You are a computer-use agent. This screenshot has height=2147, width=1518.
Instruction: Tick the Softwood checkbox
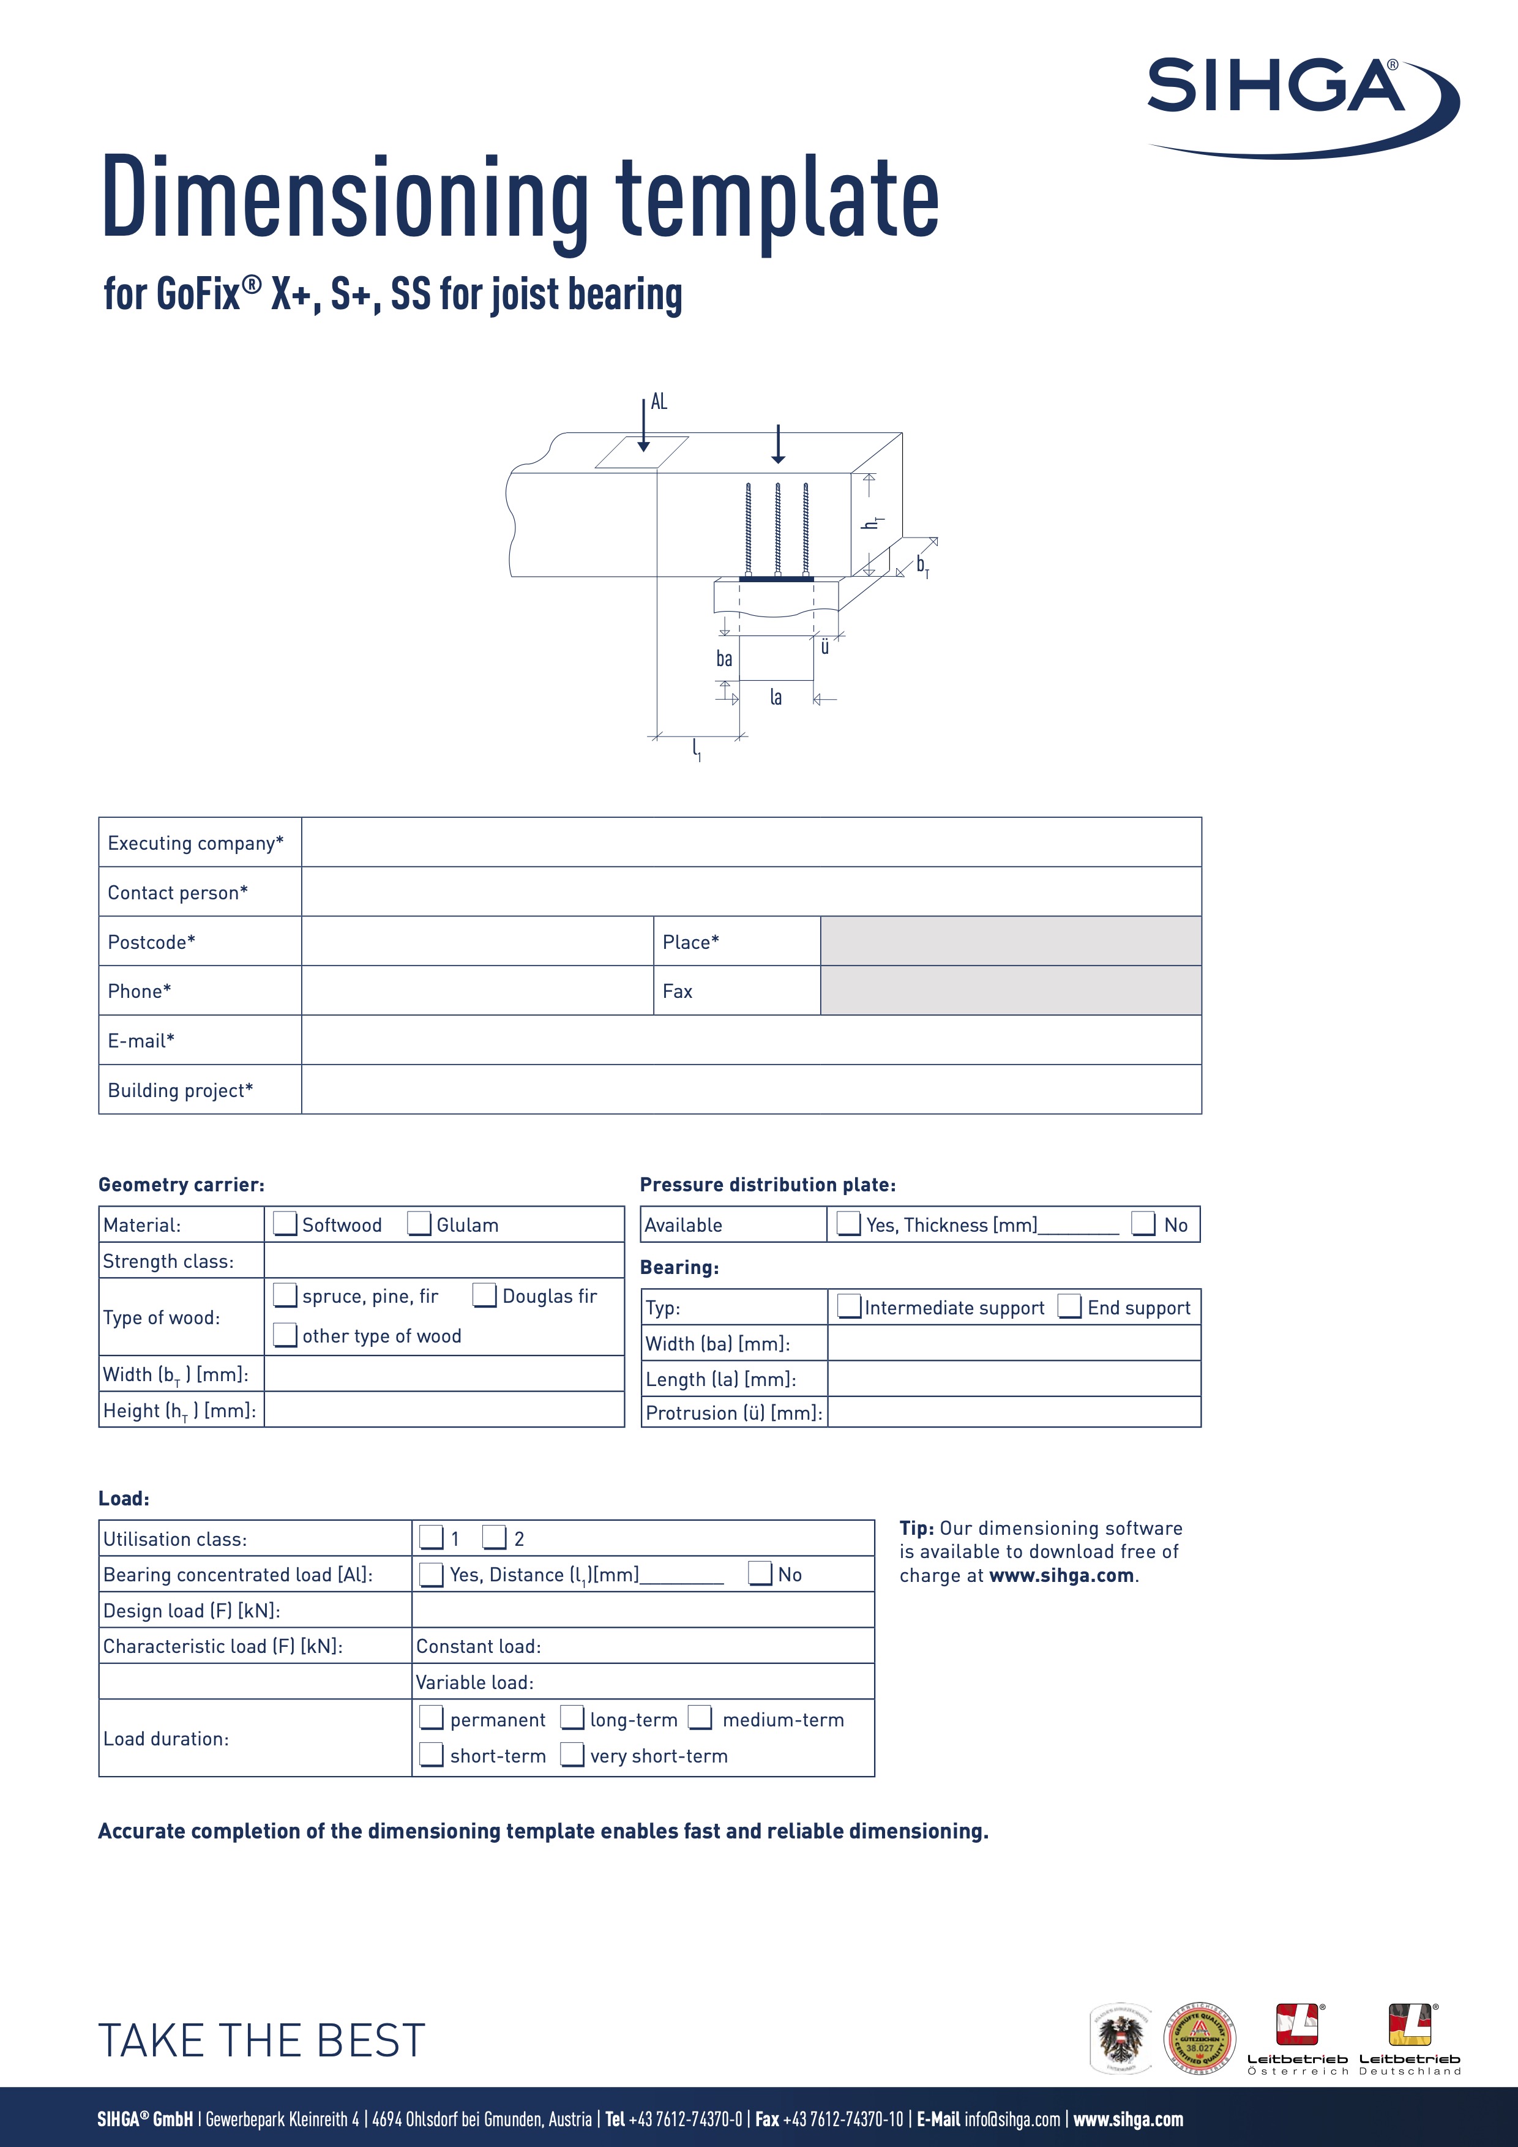(285, 1223)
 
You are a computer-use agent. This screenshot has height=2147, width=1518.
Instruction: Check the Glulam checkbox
(420, 1223)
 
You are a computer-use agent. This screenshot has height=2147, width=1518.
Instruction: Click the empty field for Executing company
(750, 842)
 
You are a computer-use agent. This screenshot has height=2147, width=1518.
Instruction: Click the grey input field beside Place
(1011, 941)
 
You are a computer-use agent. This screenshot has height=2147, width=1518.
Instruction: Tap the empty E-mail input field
(750, 1040)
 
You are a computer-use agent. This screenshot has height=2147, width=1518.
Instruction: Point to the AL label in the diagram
(659, 402)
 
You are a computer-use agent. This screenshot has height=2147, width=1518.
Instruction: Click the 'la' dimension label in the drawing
(776, 697)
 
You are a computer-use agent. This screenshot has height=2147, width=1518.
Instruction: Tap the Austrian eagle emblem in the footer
(1122, 2039)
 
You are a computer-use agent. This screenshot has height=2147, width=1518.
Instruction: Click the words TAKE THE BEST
(262, 2039)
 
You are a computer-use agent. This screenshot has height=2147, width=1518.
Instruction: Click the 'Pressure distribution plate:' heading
(768, 1185)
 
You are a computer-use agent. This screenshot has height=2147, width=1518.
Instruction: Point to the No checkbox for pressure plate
(1143, 1223)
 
